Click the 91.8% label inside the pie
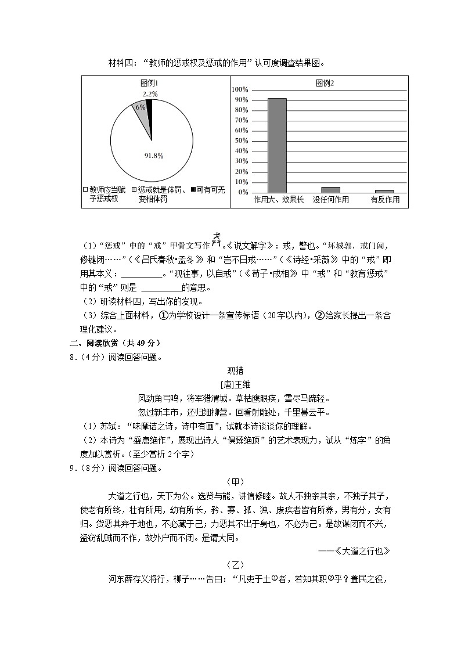153,156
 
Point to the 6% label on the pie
141,107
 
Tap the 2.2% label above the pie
150,93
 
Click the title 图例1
149,83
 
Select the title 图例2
325,83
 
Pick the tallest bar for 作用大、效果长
277,145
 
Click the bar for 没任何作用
330,189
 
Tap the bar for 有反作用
384,190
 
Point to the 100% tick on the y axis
240,90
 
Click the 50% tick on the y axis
241,141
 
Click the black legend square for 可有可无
193,189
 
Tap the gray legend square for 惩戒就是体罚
135,189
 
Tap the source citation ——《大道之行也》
354,551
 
